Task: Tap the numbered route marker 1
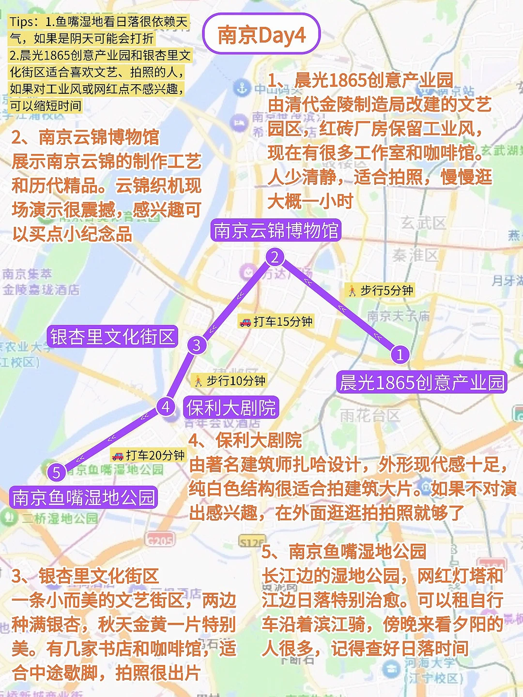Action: coord(400,355)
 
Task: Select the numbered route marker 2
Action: coord(275,257)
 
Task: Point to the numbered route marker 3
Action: coord(197,345)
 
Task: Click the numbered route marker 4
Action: coord(166,407)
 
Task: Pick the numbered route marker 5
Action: coord(57,472)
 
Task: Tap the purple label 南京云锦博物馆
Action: coord(276,230)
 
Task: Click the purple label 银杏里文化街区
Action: coord(112,336)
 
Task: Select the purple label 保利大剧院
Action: coord(231,408)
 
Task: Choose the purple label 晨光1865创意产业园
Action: coord(422,382)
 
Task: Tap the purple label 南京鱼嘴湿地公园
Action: coord(83,498)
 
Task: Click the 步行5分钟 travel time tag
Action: coord(381,290)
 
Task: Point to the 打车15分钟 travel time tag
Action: coord(277,321)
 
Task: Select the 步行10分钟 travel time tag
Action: coord(230,381)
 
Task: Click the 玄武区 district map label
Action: coord(423,223)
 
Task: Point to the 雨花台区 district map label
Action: coord(370,415)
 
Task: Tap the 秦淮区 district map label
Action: coord(415,255)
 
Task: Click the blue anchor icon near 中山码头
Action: coord(242,88)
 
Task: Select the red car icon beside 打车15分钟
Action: coord(246,322)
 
